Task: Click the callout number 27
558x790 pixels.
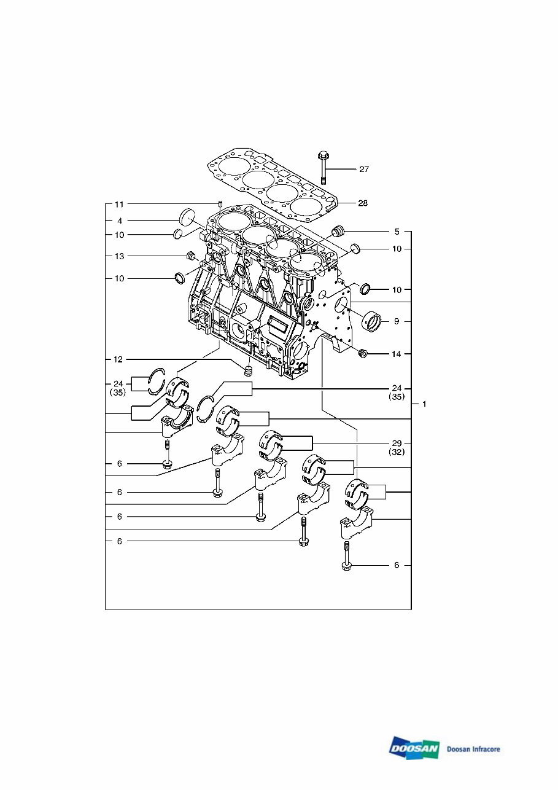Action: pyautogui.click(x=364, y=169)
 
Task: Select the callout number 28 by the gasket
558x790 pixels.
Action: pyautogui.click(x=363, y=203)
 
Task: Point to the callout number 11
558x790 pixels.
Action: pyautogui.click(x=119, y=203)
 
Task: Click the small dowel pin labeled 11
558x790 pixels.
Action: pyautogui.click(x=219, y=205)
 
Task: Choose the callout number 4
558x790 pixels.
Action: pyautogui.click(x=119, y=220)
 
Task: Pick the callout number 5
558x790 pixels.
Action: pyautogui.click(x=397, y=232)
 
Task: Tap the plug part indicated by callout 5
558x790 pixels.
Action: pyautogui.click(x=338, y=233)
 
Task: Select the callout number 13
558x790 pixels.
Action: pyautogui.click(x=119, y=256)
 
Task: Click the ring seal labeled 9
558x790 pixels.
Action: pyautogui.click(x=373, y=321)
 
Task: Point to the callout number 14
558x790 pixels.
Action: pyautogui.click(x=397, y=354)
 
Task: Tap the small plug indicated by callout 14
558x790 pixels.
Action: pyautogui.click(x=363, y=354)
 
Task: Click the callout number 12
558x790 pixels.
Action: pyautogui.click(x=119, y=358)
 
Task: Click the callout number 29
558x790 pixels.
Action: pyautogui.click(x=397, y=442)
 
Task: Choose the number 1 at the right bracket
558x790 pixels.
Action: pyautogui.click(x=423, y=404)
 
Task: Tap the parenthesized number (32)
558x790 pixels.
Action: pyautogui.click(x=397, y=452)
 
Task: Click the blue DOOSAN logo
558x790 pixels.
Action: pyautogui.click(x=414, y=749)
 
